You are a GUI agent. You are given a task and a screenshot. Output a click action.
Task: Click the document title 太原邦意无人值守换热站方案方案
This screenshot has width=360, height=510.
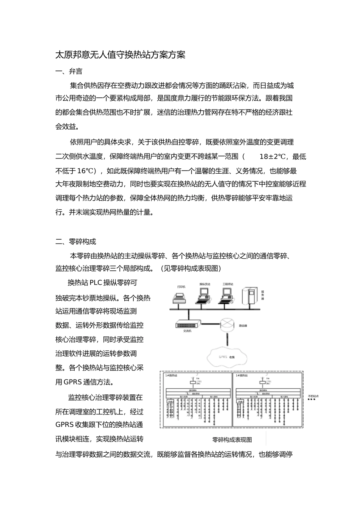point(121,55)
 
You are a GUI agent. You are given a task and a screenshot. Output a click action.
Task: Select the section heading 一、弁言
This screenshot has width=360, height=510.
point(69,71)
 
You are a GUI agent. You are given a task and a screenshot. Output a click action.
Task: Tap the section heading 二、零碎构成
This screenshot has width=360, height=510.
point(76,242)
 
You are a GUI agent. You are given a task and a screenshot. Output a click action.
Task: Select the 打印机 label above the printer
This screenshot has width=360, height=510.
point(181,287)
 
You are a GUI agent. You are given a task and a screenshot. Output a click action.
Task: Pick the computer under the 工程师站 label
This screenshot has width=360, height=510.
point(227,296)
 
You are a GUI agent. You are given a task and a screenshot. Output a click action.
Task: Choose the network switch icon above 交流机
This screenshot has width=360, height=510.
point(188,324)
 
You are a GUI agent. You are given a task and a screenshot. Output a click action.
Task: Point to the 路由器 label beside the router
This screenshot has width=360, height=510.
point(243,326)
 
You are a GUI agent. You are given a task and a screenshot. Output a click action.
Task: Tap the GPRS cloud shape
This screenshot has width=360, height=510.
point(226,356)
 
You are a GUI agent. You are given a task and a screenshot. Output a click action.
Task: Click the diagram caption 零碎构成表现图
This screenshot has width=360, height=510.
point(232,440)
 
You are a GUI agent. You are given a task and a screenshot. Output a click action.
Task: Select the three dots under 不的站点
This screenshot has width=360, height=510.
point(311,399)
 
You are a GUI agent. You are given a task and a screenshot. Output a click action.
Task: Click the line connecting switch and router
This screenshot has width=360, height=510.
point(210,325)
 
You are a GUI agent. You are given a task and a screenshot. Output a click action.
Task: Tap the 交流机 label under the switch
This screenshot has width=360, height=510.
point(187,331)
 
